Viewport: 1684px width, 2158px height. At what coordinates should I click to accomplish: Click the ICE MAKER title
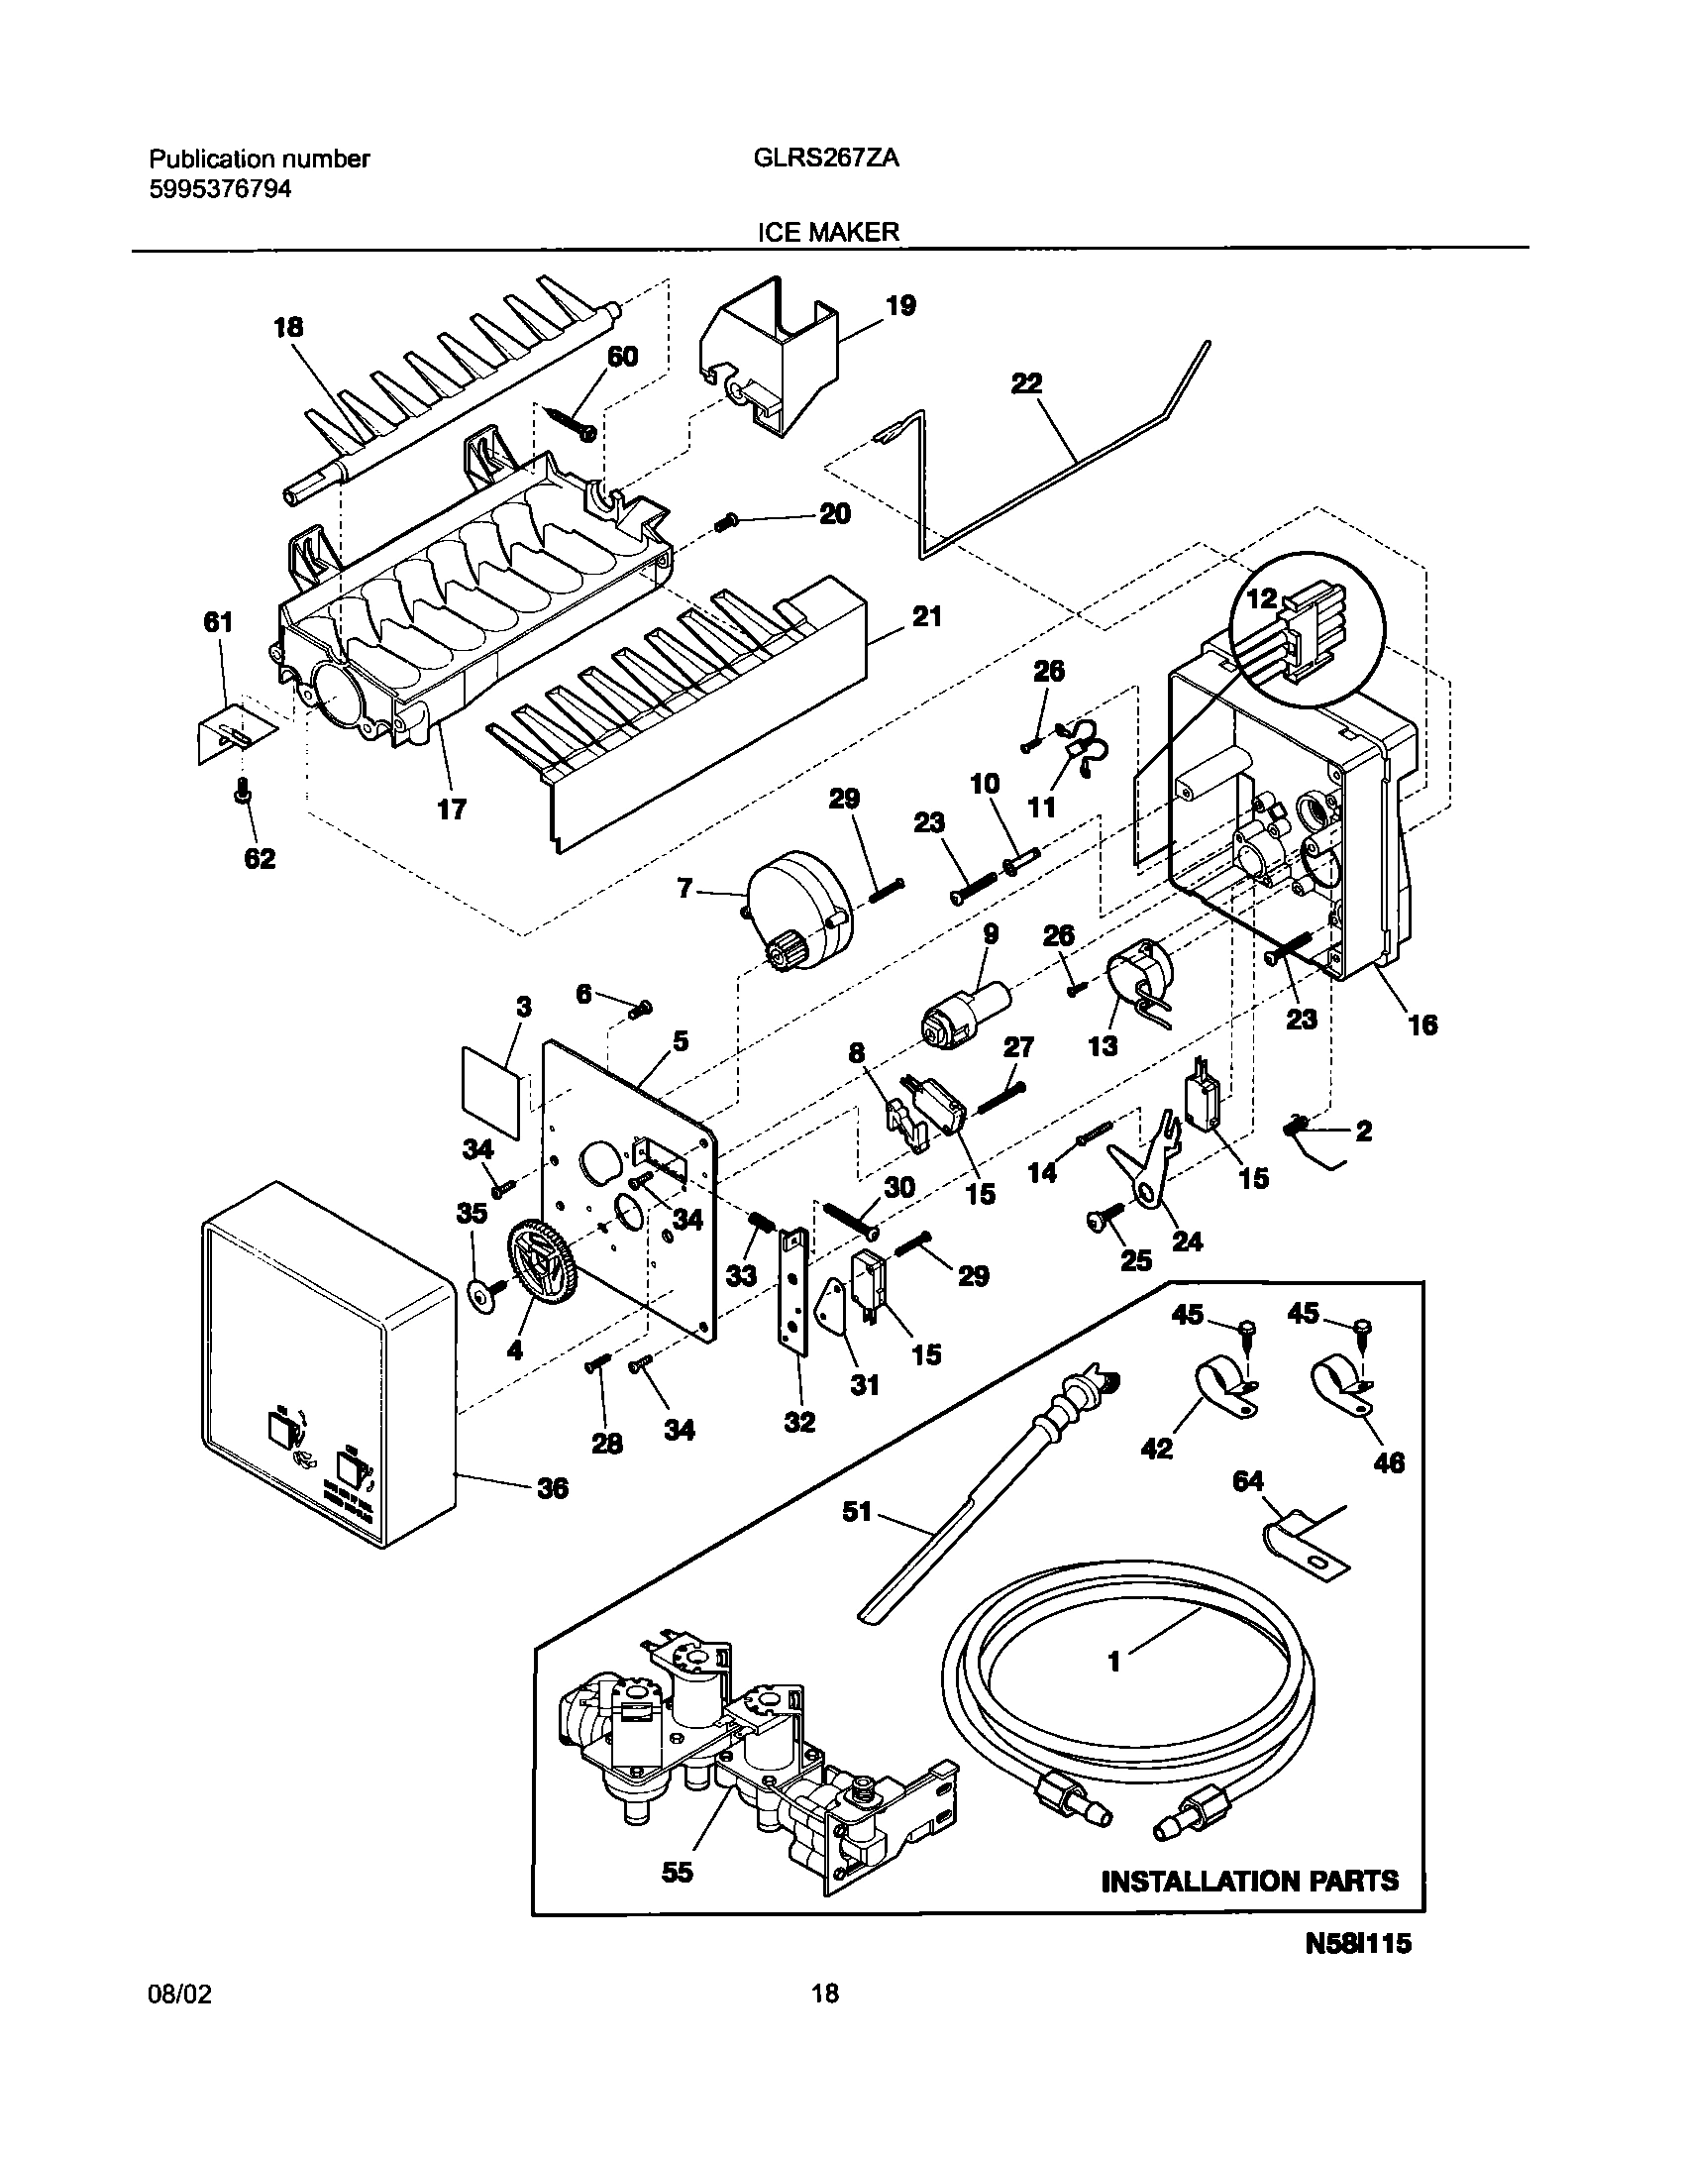coord(828,232)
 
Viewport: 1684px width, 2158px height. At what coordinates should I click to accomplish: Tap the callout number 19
coord(899,305)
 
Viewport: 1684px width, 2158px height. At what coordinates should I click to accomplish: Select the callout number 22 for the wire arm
coord(1026,384)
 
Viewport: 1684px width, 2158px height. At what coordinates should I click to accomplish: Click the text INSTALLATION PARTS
coord(1250,1881)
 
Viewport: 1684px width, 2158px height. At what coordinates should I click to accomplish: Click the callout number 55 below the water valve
coord(678,1872)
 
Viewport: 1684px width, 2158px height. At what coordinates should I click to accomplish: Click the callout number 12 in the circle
coord(1263,598)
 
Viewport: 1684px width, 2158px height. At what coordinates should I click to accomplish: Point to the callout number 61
coord(218,622)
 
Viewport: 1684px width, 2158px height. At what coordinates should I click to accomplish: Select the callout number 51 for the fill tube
coord(857,1512)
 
